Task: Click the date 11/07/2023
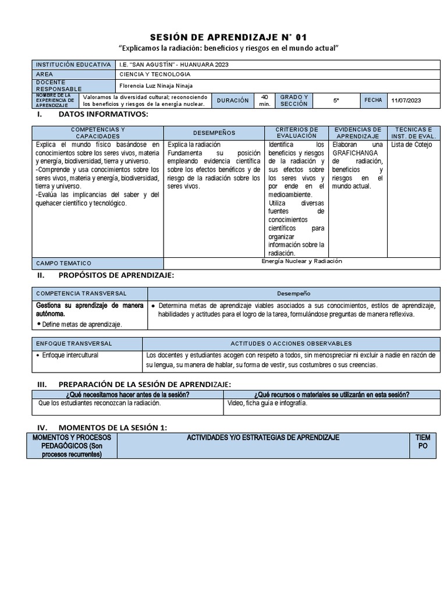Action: click(406, 101)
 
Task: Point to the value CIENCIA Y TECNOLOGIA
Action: click(154, 74)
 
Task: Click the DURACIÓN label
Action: click(232, 101)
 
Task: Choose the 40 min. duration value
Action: click(265, 100)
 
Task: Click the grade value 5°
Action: click(336, 101)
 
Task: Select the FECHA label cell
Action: click(373, 100)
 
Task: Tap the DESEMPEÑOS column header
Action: click(214, 133)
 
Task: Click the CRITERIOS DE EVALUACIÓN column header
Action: click(297, 132)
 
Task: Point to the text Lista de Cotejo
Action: click(411, 145)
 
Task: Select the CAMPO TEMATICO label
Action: click(64, 263)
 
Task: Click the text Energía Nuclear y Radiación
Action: click(302, 261)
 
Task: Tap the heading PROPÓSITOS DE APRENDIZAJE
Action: click(116, 275)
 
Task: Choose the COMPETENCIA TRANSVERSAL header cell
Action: click(81, 294)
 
